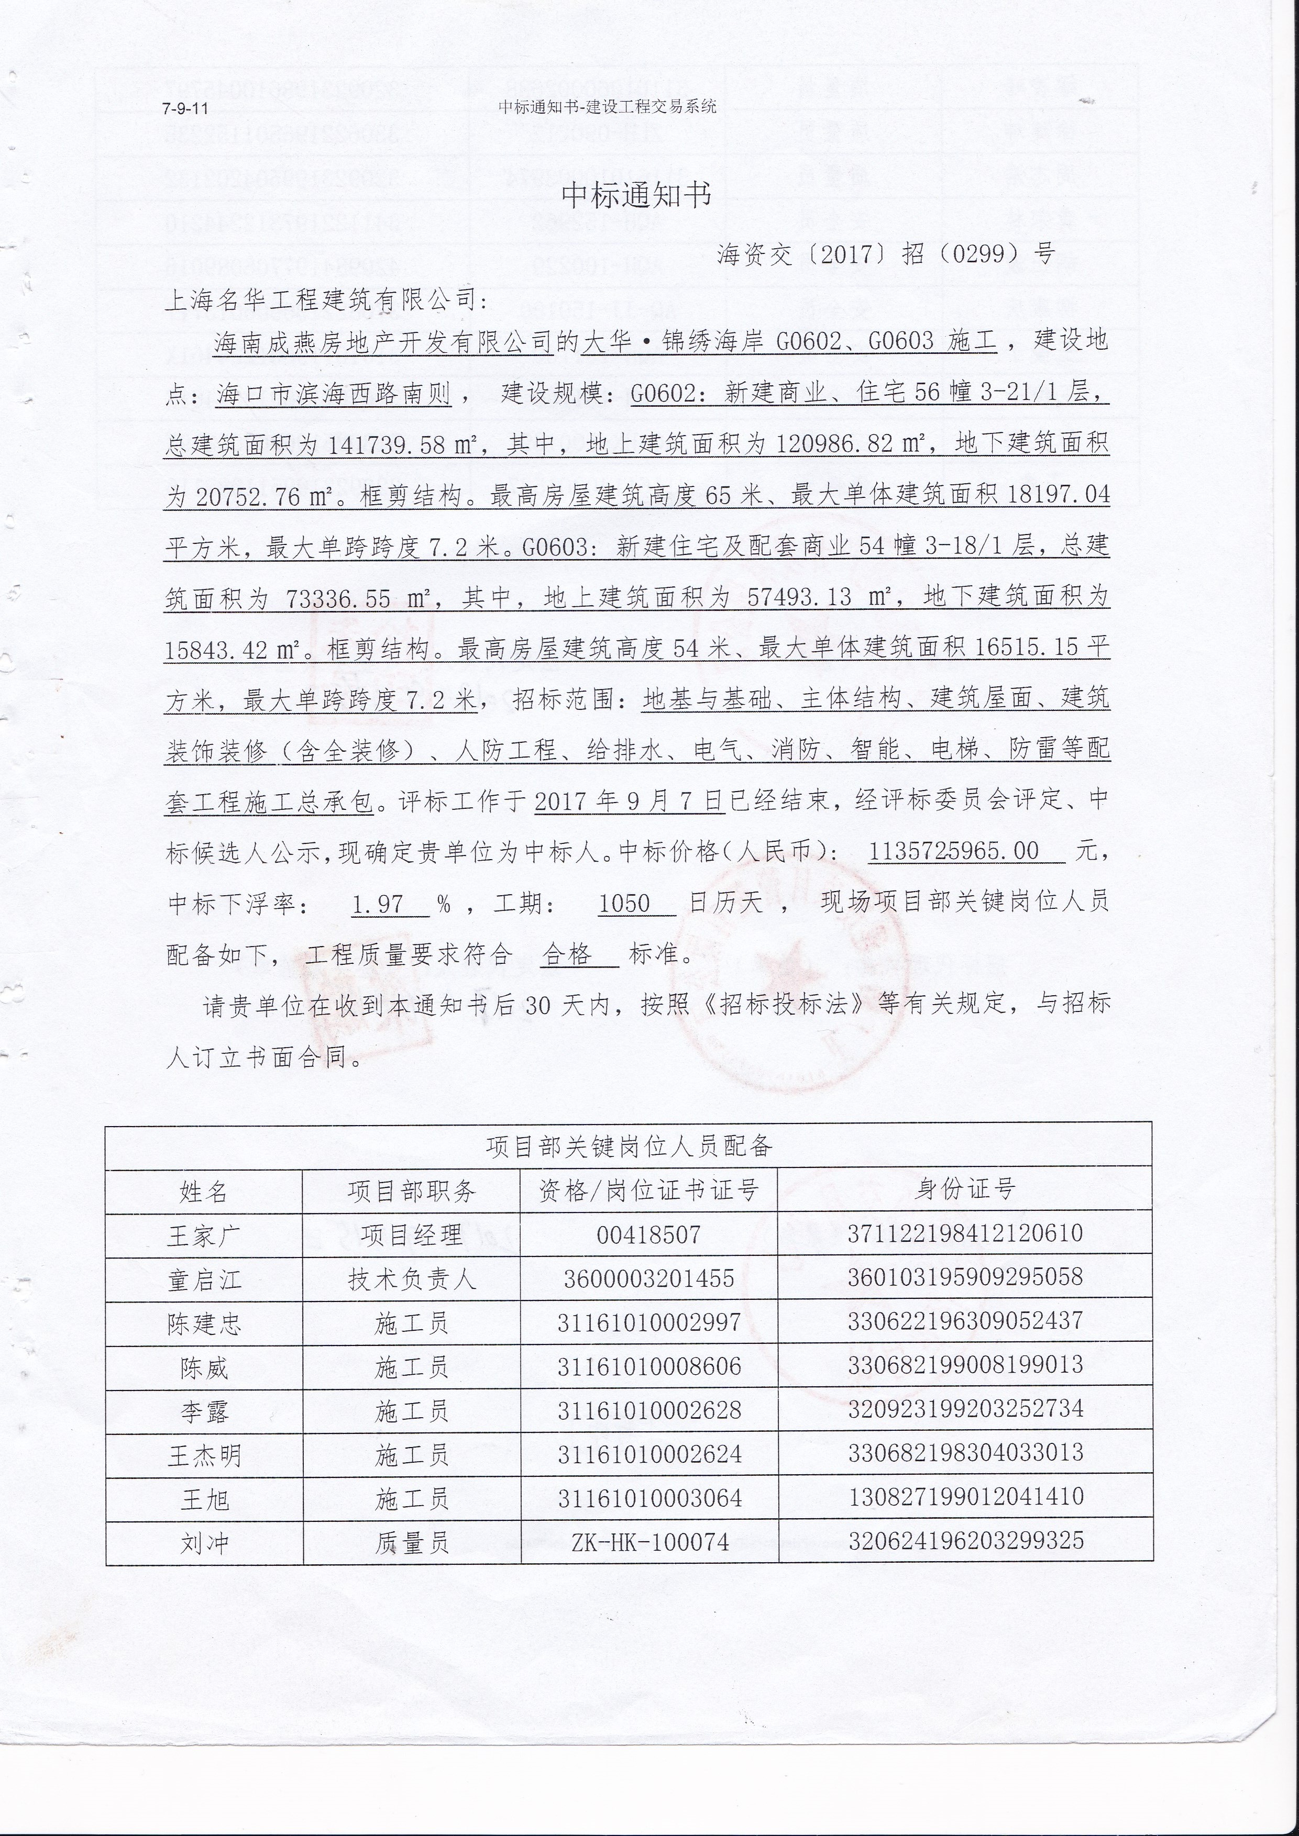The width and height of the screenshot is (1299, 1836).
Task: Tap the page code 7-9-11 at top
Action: pos(185,109)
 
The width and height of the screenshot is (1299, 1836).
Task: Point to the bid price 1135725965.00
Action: pos(953,851)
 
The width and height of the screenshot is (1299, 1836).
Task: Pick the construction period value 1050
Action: pos(624,904)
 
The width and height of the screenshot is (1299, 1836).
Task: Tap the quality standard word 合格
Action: pos(567,954)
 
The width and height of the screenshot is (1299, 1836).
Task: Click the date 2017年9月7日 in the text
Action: pos(628,800)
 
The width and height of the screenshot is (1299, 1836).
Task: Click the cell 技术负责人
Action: pos(411,1280)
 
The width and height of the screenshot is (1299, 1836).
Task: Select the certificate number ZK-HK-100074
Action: pos(649,1542)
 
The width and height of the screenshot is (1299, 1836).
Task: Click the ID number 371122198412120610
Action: pos(965,1233)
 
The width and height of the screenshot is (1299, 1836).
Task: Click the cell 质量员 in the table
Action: pos(411,1542)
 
